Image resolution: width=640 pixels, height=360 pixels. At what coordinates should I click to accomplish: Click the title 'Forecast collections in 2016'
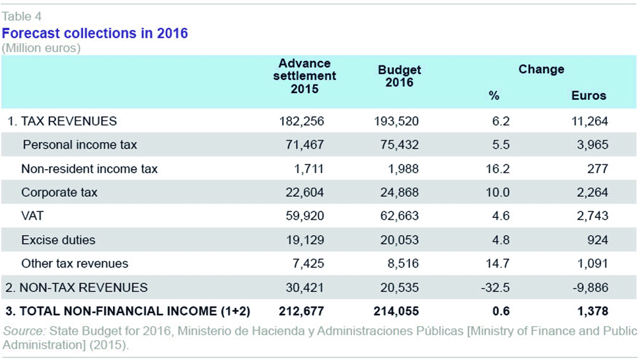(x=94, y=33)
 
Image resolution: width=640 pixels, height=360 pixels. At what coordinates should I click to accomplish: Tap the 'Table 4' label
(x=22, y=17)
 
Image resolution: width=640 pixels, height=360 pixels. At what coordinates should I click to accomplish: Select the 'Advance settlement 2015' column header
(x=304, y=76)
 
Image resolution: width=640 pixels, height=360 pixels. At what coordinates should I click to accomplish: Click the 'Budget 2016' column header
(x=399, y=76)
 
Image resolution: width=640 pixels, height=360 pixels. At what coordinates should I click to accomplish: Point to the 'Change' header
(x=541, y=69)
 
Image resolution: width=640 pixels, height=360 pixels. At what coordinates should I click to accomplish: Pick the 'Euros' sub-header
(x=588, y=96)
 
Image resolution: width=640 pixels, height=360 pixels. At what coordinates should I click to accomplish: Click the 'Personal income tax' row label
(x=80, y=145)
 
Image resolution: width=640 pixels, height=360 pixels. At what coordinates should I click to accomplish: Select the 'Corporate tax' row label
(x=59, y=192)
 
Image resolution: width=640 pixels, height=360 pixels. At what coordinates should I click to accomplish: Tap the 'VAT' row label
(x=32, y=216)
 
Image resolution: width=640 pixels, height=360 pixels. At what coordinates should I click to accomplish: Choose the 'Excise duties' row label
(x=58, y=240)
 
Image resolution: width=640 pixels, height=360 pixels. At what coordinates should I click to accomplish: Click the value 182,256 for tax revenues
(x=302, y=122)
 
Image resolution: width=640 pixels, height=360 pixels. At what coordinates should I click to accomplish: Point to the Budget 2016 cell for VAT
(x=400, y=216)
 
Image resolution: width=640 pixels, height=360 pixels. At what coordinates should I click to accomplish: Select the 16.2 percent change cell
(x=497, y=168)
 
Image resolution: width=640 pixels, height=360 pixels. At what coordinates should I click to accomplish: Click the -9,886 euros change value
(x=590, y=287)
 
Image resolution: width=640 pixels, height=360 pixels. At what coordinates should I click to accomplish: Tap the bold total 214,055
(x=396, y=311)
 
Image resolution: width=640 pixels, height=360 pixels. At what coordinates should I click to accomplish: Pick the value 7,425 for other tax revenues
(x=308, y=264)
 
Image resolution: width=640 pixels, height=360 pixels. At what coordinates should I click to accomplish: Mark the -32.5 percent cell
(x=495, y=287)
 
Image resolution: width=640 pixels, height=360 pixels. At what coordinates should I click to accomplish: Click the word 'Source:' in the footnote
(x=24, y=331)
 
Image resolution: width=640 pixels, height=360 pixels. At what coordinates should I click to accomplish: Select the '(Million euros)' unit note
(x=41, y=48)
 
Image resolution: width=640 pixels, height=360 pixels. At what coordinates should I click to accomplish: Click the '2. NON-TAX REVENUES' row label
(x=77, y=287)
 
